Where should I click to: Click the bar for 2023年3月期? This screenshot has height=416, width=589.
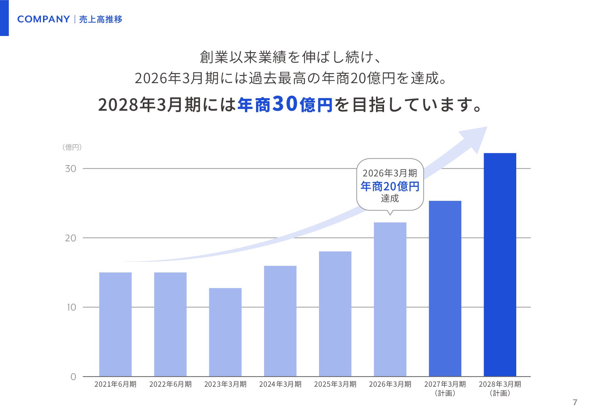click(225, 332)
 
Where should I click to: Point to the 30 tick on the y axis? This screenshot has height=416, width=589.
click(71, 169)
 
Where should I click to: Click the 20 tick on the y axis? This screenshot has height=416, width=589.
click(71, 238)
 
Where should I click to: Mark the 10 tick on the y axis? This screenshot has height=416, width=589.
click(71, 307)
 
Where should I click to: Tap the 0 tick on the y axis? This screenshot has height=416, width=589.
click(73, 377)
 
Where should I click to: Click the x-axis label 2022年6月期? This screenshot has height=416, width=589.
click(170, 384)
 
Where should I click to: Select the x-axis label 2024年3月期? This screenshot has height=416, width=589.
click(280, 384)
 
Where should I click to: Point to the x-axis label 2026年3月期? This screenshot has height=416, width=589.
click(390, 384)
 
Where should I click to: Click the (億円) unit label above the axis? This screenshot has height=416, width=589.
click(72, 147)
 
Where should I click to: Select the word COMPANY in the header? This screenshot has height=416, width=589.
click(43, 19)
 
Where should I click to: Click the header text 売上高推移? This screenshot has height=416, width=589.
click(101, 20)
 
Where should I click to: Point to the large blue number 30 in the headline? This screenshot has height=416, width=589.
click(285, 104)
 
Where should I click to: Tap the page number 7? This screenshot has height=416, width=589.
click(575, 402)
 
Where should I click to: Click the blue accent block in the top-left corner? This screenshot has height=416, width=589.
click(4, 18)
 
